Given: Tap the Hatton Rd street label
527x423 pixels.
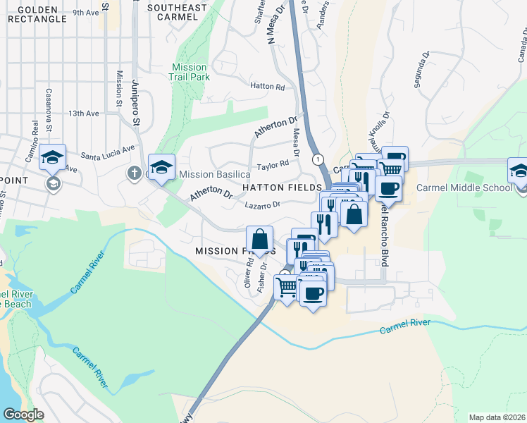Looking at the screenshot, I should [x=268, y=87].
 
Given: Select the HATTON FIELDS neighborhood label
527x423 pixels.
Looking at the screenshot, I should [x=282, y=188].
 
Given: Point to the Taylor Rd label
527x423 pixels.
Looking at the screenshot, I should [x=273, y=165].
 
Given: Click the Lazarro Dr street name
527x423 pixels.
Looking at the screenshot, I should [x=263, y=205].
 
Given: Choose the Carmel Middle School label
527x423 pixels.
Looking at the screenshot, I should [x=463, y=188].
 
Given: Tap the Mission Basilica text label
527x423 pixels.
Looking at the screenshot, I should [x=215, y=174].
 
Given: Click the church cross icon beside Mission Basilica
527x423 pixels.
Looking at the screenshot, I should [x=135, y=173].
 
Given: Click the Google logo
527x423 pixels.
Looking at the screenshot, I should [x=24, y=415].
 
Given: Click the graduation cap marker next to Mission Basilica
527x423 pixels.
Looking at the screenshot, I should [x=161, y=166].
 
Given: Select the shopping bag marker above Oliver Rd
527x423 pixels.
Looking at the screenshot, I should [x=260, y=238].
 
